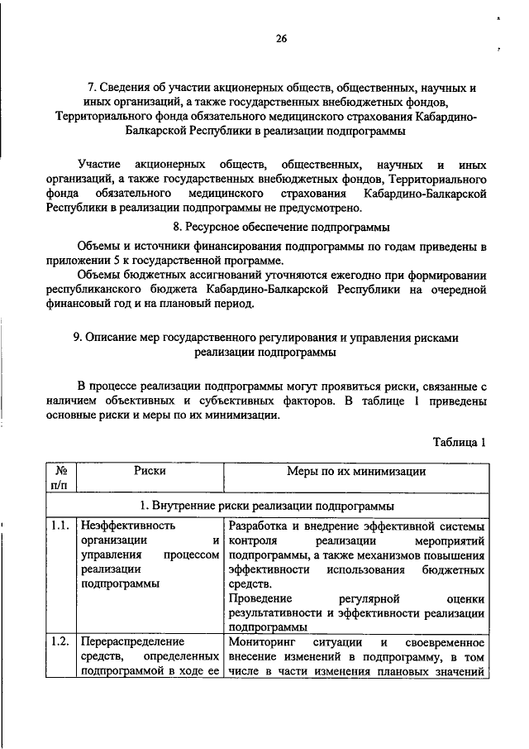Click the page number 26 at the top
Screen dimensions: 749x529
pyautogui.click(x=280, y=36)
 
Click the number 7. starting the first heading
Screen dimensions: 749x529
pyautogui.click(x=93, y=87)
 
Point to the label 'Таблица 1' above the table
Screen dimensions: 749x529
pyautogui.click(x=460, y=442)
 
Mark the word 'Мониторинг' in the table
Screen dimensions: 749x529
pyautogui.click(x=262, y=641)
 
